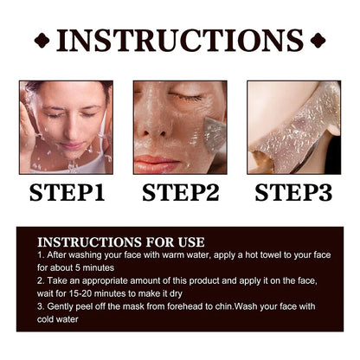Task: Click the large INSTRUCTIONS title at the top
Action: pos(180,41)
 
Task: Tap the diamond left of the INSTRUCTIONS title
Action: pos(42,41)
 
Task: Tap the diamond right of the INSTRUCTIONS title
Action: pos(318,41)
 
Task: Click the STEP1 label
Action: pos(67,192)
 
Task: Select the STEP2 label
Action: pos(181,192)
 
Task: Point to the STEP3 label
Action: pos(293,192)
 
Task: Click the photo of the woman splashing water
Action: pos(66,127)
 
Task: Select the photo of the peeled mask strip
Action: pos(294,127)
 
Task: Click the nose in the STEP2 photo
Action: pos(154,124)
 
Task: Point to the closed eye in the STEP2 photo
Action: pos(184,96)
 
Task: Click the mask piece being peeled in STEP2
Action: pos(214,134)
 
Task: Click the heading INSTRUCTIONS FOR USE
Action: pos(121,242)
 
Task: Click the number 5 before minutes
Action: pos(78,268)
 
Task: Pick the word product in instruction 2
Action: pos(204,281)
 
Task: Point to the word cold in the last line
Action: pos(45,319)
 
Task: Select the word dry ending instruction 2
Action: pos(176,294)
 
